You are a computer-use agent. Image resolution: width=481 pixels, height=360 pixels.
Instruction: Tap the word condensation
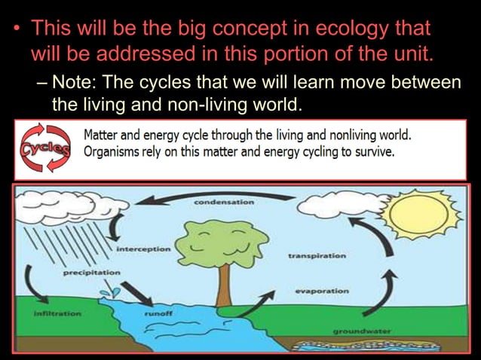(224, 203)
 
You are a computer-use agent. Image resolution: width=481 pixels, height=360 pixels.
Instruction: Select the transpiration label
(317, 255)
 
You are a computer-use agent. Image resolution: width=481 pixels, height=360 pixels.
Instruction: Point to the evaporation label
(321, 290)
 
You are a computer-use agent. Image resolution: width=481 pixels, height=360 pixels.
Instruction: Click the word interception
(143, 248)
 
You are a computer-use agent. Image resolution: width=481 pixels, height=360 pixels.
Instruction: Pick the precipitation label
(91, 272)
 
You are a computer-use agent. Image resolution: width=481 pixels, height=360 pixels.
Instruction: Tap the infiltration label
(58, 311)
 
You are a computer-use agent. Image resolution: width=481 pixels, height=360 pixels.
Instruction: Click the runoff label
(158, 311)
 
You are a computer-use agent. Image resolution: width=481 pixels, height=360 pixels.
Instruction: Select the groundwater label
(362, 331)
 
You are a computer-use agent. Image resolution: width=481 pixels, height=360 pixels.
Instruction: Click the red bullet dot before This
(18, 30)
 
